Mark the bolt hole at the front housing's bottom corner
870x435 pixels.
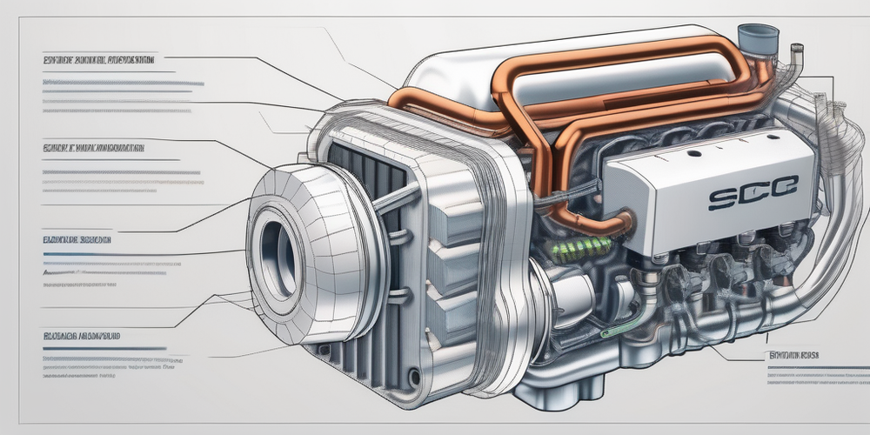(x=413, y=377)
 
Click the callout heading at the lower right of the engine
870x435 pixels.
(x=793, y=355)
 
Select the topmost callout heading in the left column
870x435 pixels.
(x=98, y=61)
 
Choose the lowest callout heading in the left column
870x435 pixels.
(x=81, y=333)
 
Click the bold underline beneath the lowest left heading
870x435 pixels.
(x=104, y=348)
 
